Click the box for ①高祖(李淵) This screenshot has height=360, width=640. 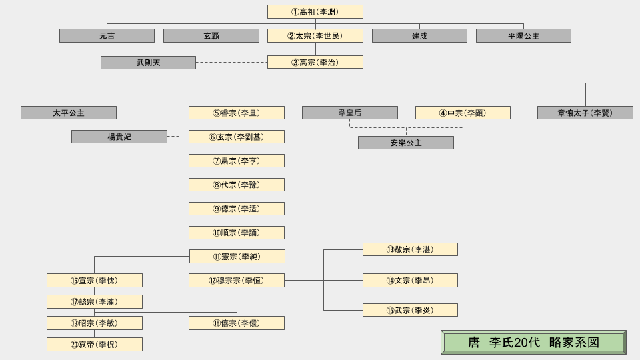point(315,12)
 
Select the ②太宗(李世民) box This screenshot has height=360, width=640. point(315,36)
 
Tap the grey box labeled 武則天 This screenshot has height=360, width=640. point(148,63)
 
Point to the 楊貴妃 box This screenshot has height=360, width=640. point(119,137)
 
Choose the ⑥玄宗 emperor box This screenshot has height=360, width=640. point(236,137)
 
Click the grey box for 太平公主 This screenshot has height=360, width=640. point(69,113)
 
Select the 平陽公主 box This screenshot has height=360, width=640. point(523,36)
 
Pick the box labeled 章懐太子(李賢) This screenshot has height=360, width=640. point(585,113)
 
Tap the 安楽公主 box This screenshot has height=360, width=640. point(405,143)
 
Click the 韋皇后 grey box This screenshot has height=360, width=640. point(349,113)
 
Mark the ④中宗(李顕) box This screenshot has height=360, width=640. point(463,113)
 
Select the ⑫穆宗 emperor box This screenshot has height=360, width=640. point(236,281)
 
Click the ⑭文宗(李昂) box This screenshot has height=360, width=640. point(410,281)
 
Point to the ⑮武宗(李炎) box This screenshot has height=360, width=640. point(410,310)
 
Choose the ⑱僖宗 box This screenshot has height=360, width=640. point(236,323)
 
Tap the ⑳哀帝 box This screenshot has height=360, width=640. point(94,345)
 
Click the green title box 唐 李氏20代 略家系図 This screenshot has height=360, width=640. point(533,343)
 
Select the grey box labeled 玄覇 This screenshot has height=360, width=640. point(211,36)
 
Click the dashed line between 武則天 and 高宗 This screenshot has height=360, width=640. point(231,63)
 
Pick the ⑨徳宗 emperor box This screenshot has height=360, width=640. point(236,209)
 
